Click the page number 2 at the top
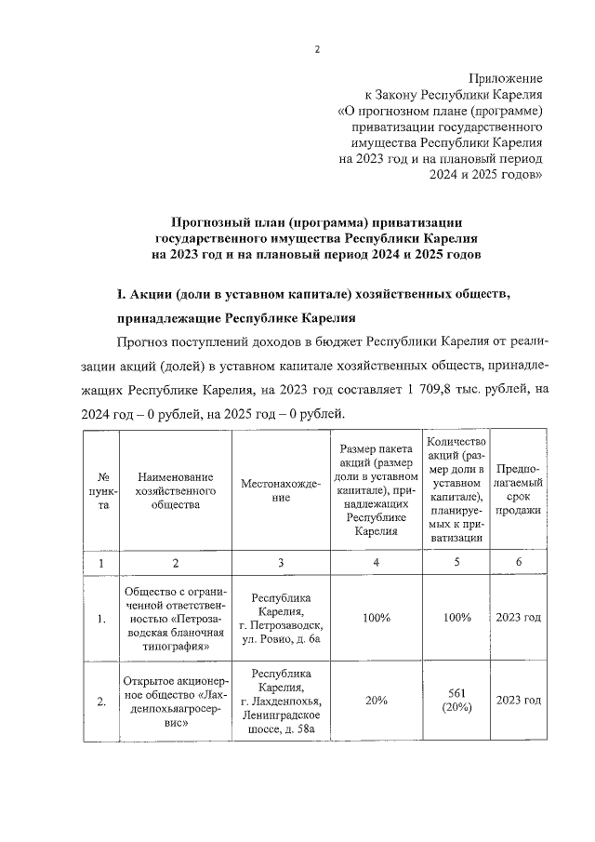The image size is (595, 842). (315, 50)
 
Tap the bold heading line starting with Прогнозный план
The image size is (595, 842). (317, 222)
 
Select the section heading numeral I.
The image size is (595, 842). (120, 295)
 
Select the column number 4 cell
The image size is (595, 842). (376, 562)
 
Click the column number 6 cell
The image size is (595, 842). (519, 562)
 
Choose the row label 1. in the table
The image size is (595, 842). (103, 617)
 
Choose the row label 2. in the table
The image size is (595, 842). (103, 701)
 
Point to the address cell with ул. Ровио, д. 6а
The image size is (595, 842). (283, 617)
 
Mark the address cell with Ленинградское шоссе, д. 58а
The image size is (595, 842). (283, 701)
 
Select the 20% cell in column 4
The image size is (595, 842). (376, 701)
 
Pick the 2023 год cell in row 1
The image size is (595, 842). (519, 617)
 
